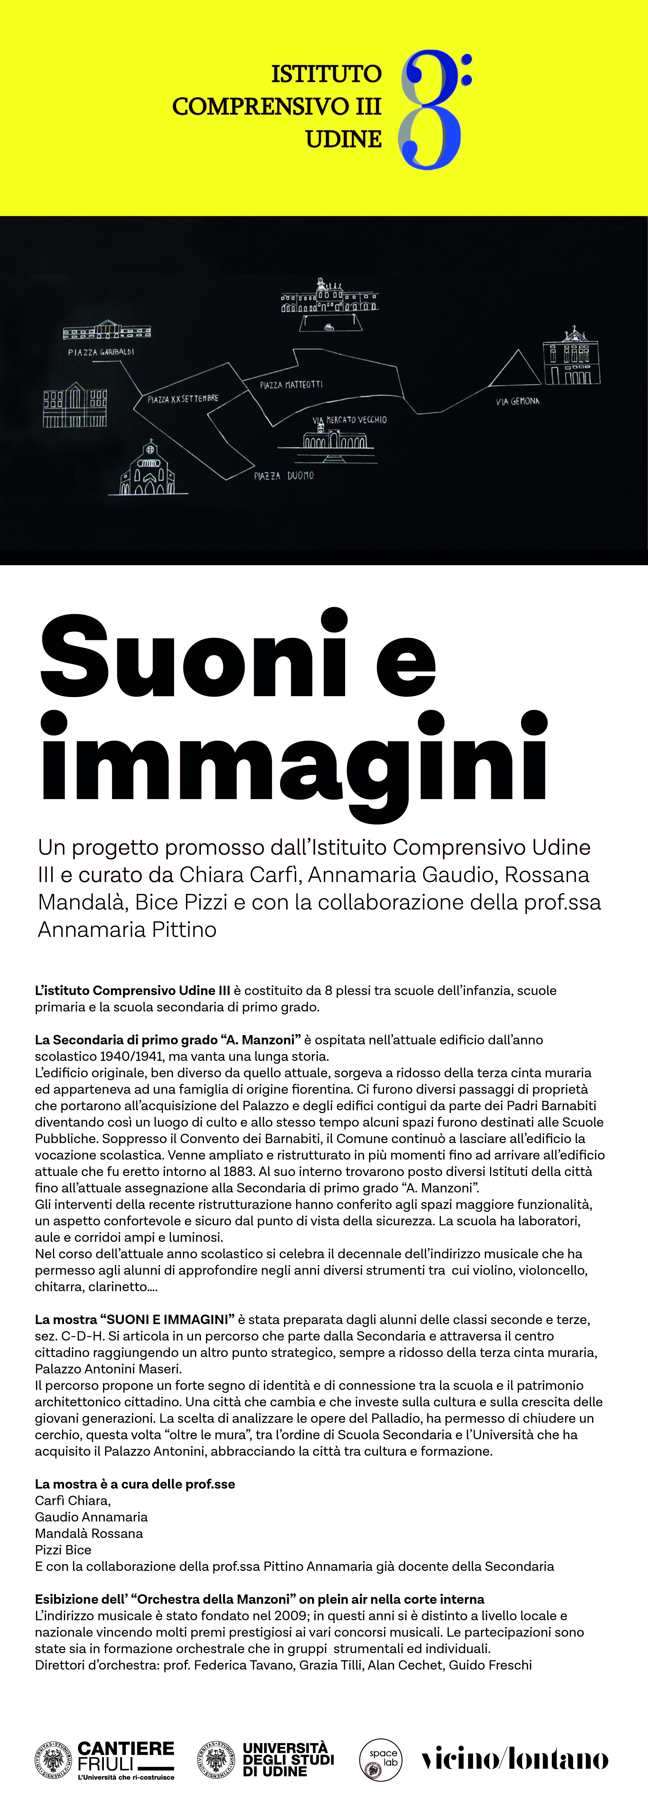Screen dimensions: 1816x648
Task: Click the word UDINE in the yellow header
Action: tap(343, 140)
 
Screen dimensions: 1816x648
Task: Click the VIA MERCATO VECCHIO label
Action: tap(350, 420)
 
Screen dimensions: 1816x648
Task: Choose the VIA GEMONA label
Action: tap(518, 401)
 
